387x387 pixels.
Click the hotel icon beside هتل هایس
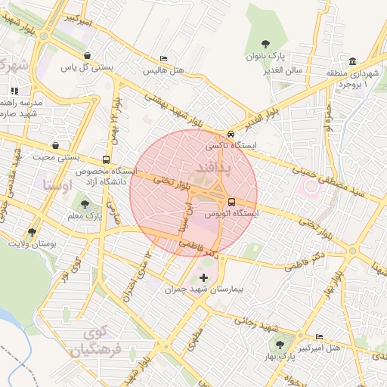click(164, 59)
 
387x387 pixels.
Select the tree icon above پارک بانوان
click(265, 45)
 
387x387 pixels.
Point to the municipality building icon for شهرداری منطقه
click(352, 61)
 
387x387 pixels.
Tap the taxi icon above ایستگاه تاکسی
click(231, 135)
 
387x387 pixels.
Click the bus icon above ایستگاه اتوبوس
click(231, 202)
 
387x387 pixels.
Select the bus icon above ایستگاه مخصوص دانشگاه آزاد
click(105, 159)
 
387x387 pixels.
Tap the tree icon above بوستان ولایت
click(32, 231)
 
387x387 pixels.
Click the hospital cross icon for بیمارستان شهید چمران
click(203, 277)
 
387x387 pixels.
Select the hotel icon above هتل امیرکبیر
click(319, 336)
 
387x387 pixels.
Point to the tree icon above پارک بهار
click(280, 344)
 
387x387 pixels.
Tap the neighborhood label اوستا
click(57, 184)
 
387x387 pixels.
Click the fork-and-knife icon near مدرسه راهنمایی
click(14, 91)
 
